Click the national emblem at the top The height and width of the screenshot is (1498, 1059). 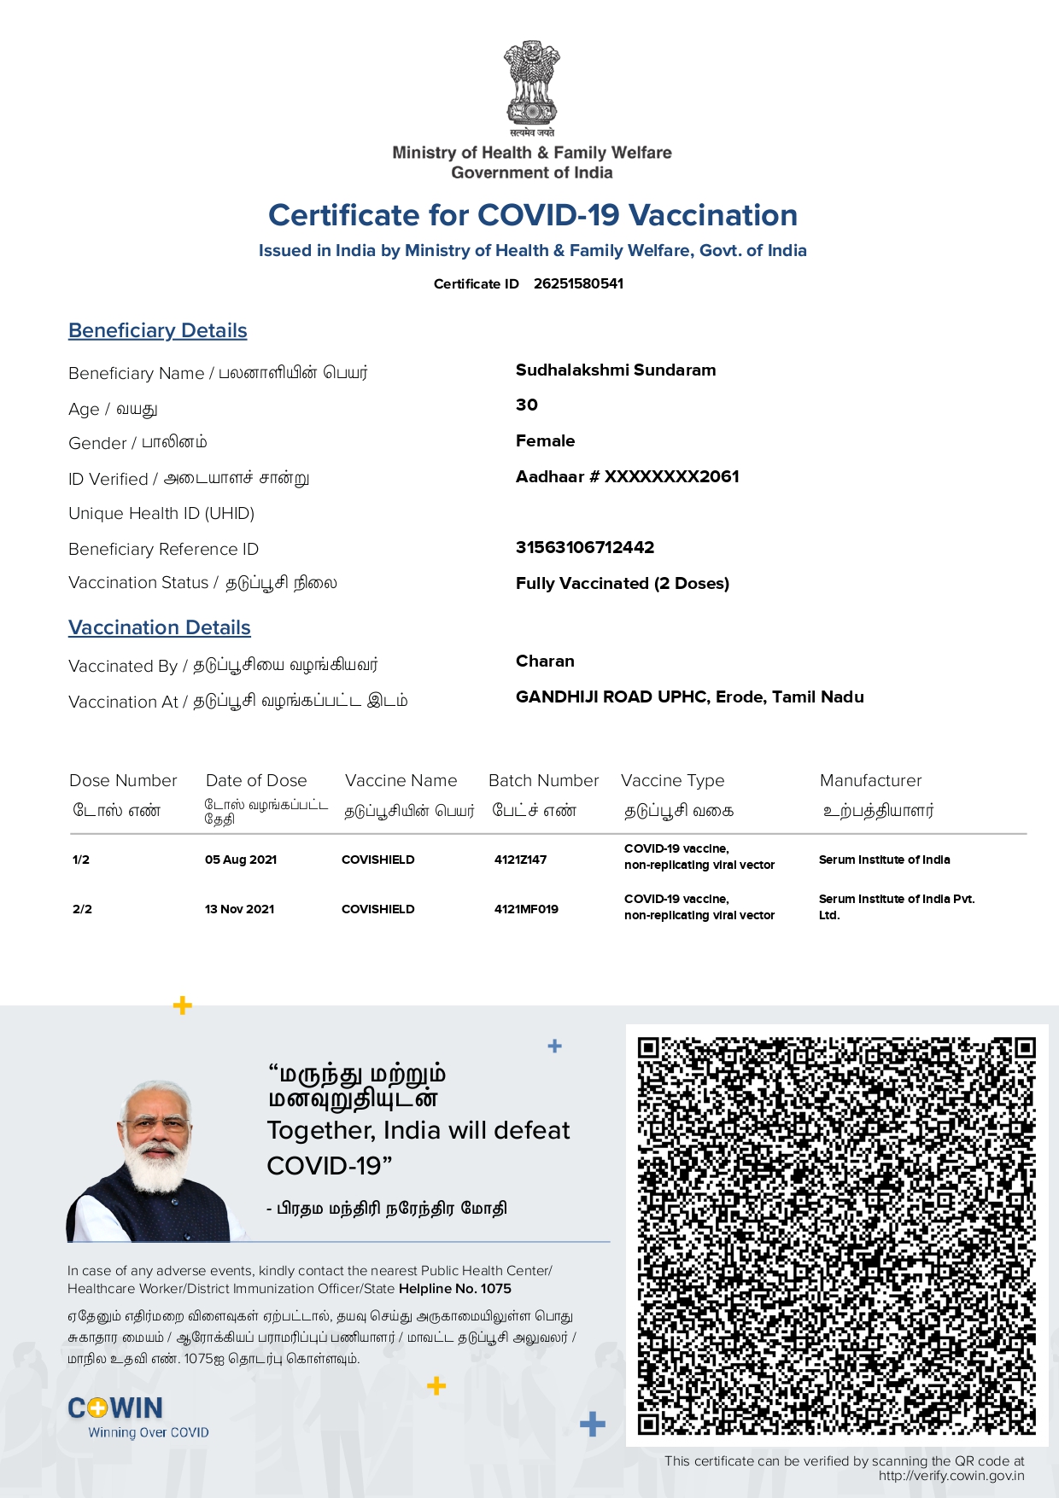click(531, 85)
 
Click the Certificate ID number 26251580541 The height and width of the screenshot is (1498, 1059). click(578, 283)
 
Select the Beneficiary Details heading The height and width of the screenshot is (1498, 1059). click(158, 330)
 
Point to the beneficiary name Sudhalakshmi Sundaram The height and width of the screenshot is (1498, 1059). click(616, 370)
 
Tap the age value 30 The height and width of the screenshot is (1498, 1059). click(527, 405)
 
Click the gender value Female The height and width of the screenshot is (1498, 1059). click(545, 440)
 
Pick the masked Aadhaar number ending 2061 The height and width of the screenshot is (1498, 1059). click(628, 476)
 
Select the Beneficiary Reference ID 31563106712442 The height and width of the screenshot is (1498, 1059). click(585, 547)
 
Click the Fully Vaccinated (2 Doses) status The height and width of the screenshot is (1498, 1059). click(623, 583)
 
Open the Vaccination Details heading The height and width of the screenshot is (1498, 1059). click(160, 627)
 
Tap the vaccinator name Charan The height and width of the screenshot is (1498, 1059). click(545, 661)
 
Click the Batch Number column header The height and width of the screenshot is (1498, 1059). click(543, 780)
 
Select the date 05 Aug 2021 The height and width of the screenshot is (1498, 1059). click(241, 860)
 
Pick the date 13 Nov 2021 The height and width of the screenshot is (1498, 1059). click(240, 909)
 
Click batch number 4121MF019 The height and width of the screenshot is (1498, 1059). click(526, 909)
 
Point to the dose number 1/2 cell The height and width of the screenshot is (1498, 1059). click(81, 860)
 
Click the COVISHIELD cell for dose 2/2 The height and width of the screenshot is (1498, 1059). click(377, 909)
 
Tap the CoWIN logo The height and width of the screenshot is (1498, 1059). click(115, 1408)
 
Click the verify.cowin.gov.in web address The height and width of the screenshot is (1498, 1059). click(951, 1476)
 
